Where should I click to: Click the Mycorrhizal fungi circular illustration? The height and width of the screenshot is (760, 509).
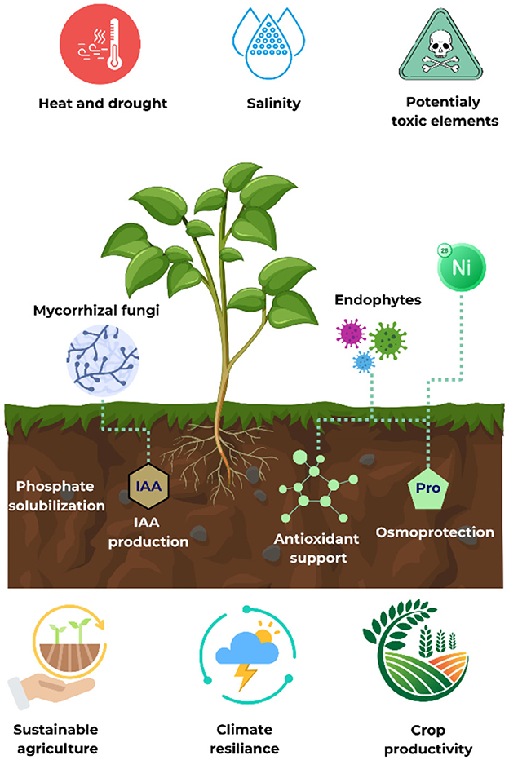point(99,356)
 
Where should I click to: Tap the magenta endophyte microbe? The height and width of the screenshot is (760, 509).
point(352,334)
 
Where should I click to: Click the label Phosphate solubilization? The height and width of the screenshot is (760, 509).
point(55,496)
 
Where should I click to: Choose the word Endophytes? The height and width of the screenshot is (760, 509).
point(378,300)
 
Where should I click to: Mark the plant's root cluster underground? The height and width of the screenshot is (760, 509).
point(220,457)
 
